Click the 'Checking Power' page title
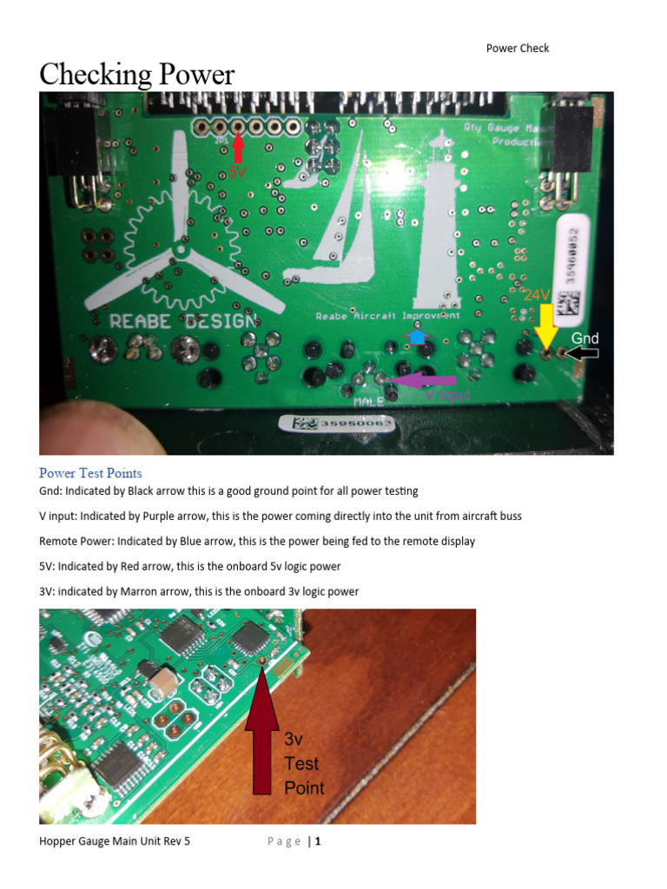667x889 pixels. [136, 75]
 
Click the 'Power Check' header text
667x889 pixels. [517, 49]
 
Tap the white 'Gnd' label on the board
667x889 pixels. [584, 338]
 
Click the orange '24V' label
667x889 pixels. [538, 295]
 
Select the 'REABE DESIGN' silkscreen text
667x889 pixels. [184, 320]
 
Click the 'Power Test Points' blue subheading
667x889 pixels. [90, 473]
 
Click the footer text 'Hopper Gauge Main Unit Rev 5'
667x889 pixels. [115, 840]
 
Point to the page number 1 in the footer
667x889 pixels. [318, 840]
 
